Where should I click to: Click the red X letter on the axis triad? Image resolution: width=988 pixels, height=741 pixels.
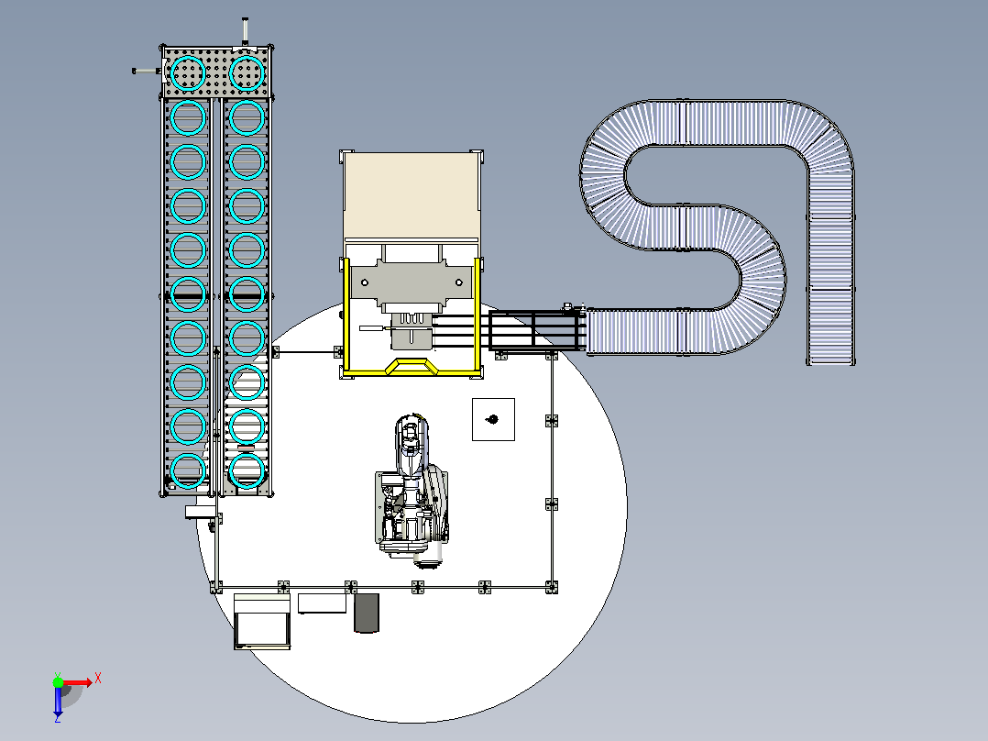(98, 680)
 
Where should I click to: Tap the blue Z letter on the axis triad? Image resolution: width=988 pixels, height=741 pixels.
(58, 717)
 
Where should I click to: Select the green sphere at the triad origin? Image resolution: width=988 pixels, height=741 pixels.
(58, 681)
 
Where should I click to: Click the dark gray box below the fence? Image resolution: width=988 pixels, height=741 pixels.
(366, 613)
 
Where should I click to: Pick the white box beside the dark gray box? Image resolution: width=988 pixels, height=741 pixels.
(322, 603)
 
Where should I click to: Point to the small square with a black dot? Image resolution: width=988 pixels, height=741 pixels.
(493, 419)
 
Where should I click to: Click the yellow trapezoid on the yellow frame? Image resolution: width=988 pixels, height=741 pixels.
(412, 367)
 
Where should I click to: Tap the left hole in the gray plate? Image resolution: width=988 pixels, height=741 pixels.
(364, 282)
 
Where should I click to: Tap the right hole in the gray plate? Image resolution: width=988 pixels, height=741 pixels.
(458, 282)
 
